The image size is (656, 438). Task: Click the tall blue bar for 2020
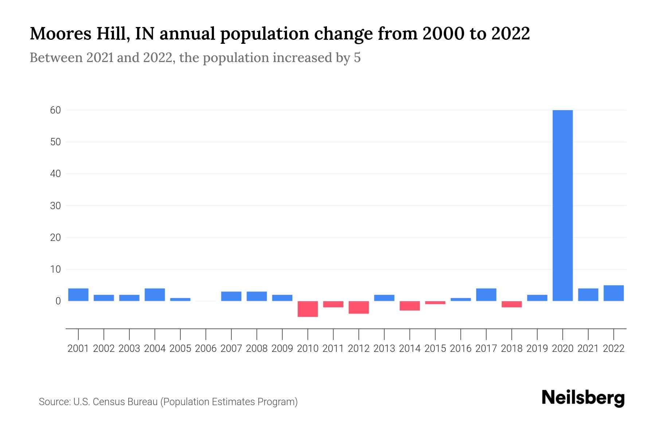[x=563, y=205]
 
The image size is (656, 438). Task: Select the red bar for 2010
[x=308, y=309]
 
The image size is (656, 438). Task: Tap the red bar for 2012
[x=359, y=307]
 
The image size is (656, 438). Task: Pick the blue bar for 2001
[x=78, y=295]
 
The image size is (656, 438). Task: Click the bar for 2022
[x=614, y=293]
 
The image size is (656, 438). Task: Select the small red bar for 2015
[x=435, y=303]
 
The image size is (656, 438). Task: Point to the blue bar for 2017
[x=486, y=295]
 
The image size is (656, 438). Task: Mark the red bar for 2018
[x=512, y=304]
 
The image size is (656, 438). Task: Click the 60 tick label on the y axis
[x=55, y=110]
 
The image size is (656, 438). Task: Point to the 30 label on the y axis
[x=55, y=205]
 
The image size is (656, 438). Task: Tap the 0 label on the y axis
[x=58, y=301]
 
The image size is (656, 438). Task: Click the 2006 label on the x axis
[x=206, y=349]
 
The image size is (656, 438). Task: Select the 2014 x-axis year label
[x=410, y=349]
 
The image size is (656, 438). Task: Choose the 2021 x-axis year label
[x=588, y=349]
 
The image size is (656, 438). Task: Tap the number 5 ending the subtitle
[x=357, y=58]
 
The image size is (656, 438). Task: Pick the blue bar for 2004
[x=155, y=295]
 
